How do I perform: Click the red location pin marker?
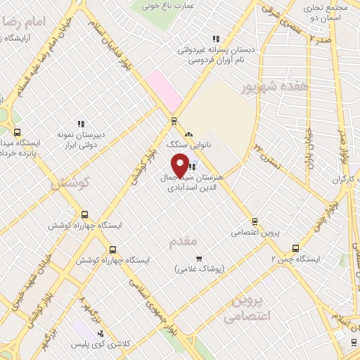181,166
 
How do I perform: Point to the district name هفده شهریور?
266,88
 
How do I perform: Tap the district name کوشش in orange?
71,183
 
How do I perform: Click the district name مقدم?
184,243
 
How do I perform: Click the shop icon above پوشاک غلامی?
199,258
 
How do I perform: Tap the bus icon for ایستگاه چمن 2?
295,248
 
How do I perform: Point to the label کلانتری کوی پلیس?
99,344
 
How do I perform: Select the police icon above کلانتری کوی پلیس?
100,332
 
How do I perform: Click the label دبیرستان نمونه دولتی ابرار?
82,139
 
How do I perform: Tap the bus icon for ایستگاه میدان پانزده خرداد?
18,131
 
